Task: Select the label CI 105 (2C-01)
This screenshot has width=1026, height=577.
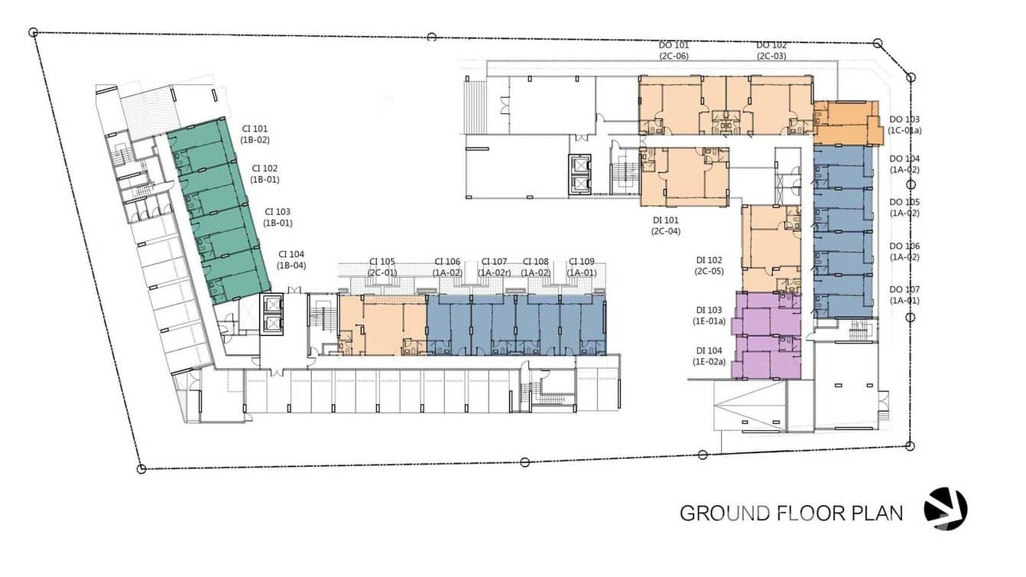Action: [x=382, y=267]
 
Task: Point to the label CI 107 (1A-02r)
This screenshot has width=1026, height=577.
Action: [x=494, y=267]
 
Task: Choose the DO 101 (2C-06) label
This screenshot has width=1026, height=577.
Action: [x=674, y=51]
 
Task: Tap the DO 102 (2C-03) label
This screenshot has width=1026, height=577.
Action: [x=771, y=51]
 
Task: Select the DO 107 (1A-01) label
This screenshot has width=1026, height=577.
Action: [x=904, y=295]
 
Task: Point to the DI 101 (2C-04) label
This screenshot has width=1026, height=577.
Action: [x=666, y=226]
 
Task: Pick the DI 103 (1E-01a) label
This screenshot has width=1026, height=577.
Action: [x=709, y=316]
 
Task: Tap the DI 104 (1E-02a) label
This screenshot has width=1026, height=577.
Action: [x=709, y=356]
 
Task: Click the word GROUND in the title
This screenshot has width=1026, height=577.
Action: [x=725, y=513]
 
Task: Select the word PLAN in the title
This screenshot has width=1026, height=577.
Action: [x=877, y=513]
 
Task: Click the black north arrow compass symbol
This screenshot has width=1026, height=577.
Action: [x=946, y=509]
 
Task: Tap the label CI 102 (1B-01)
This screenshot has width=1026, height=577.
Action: [x=265, y=174]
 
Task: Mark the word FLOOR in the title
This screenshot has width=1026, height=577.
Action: [x=810, y=513]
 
